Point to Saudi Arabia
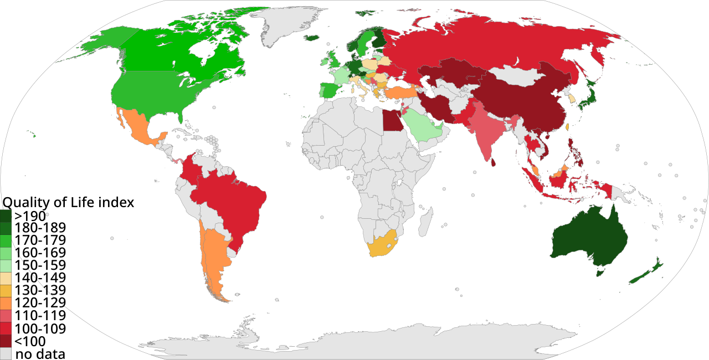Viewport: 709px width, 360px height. click(421, 125)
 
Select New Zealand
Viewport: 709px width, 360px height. click(645, 272)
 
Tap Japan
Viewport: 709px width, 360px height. click(590, 91)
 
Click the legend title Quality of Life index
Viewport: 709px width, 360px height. click(69, 203)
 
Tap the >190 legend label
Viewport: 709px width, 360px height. click(30, 215)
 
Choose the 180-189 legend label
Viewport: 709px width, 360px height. click(40, 228)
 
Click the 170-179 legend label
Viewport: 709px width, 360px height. click(40, 241)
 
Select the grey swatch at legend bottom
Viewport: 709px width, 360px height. click(6, 353)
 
